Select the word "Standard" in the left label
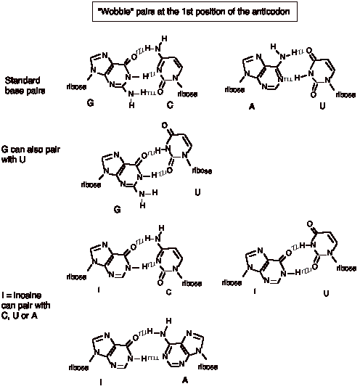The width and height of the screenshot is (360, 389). click(22, 81)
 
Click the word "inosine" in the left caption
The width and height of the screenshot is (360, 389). click(28, 295)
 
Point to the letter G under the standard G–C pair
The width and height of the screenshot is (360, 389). click(91, 102)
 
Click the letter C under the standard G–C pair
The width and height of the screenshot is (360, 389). click(170, 105)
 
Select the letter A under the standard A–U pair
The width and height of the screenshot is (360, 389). click(252, 107)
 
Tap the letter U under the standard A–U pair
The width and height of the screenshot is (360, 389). click(322, 106)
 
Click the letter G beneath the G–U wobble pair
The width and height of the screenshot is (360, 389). click(118, 210)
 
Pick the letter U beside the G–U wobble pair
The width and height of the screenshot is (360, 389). click(197, 192)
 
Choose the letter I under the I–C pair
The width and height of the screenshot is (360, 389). click(99, 290)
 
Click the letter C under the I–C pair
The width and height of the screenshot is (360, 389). click(168, 292)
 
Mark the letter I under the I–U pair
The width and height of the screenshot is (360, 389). click(255, 291)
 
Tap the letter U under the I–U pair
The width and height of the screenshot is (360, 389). click(326, 293)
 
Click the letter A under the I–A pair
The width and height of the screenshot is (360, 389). click(185, 380)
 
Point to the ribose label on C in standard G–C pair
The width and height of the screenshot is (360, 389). click(187, 94)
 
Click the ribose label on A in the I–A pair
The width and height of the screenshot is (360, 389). click(208, 367)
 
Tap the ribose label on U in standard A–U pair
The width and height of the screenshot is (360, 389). click(346, 95)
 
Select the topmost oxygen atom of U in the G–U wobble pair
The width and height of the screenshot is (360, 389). click(165, 126)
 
